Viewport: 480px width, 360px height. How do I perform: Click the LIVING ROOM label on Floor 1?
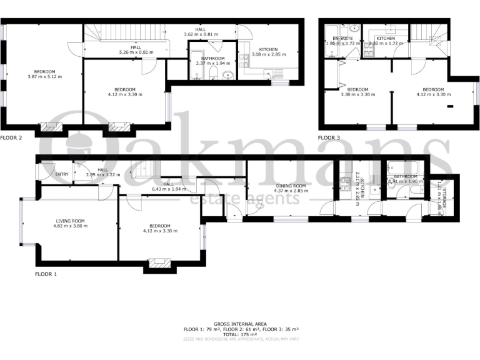(70, 221)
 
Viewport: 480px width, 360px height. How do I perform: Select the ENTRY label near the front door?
(62, 174)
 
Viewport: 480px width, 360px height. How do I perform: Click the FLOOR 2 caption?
(11, 137)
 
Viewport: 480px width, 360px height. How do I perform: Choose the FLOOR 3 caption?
(329, 137)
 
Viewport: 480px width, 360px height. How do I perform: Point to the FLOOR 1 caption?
(46, 274)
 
